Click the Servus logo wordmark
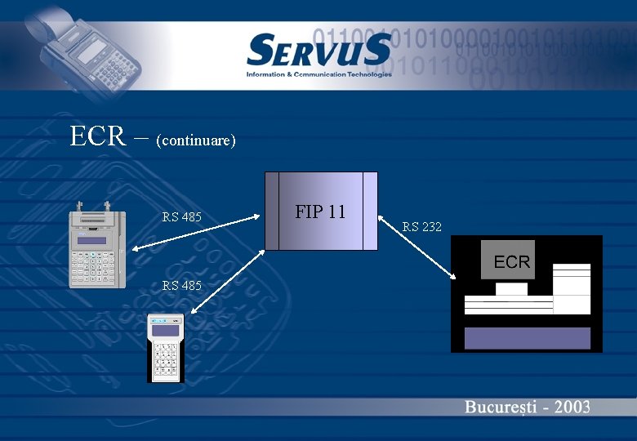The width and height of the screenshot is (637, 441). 318,51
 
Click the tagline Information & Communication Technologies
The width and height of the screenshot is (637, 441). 318,74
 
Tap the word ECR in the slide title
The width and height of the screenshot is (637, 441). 97,136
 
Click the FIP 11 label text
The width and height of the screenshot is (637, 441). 320,212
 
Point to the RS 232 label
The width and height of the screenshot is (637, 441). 422,227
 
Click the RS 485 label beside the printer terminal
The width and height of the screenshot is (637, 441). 181,217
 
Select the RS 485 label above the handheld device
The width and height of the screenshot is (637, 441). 181,285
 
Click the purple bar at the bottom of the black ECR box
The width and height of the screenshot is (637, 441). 527,338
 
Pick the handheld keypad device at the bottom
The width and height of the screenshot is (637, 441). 166,348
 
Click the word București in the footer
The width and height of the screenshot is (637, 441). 497,407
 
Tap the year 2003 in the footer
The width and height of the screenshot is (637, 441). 570,407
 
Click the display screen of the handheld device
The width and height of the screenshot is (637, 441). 166,330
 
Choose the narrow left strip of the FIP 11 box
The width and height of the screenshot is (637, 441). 272,211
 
